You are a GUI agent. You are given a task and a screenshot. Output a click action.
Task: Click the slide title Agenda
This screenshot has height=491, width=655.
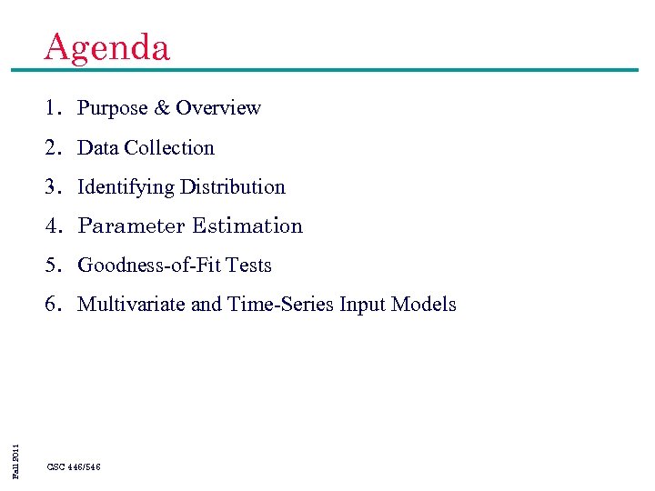(x=106, y=47)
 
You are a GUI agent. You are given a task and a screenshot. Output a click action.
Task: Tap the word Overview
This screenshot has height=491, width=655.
(x=218, y=108)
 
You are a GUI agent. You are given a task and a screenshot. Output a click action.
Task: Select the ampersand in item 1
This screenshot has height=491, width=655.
(x=162, y=108)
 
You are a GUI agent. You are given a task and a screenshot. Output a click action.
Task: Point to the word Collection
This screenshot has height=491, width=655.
(x=169, y=147)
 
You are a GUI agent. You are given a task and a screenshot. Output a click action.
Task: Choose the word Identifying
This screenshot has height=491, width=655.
(x=126, y=187)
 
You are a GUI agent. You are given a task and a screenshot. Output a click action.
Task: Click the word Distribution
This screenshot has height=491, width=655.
(x=233, y=187)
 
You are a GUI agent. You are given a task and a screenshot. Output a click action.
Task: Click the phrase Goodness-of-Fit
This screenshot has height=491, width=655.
(x=149, y=266)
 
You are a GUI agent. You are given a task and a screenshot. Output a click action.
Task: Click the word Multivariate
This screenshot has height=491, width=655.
(x=132, y=305)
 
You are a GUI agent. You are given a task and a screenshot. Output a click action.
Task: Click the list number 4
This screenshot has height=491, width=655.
(x=54, y=226)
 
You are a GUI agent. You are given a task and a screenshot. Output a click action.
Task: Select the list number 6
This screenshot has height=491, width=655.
(x=54, y=305)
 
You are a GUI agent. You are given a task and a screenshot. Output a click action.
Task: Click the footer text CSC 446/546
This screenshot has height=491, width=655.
(x=74, y=466)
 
